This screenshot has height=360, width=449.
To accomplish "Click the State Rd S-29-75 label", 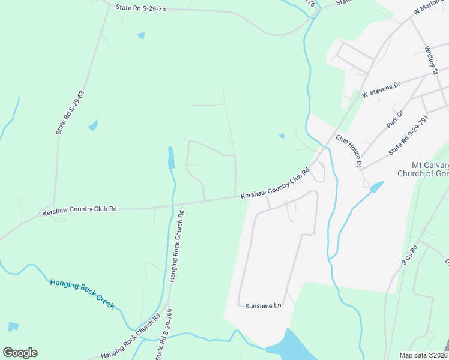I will coord(140,8).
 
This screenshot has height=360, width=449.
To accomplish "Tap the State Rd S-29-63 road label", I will coord(70,112).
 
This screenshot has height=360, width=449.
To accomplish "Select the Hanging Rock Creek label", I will coord(82,293).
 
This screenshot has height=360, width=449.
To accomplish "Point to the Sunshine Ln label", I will coord(263,305).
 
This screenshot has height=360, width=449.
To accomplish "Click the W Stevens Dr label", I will coord(381,91).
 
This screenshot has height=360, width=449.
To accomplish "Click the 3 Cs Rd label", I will coord(409,254).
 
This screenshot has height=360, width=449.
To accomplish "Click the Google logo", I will coord(20,353).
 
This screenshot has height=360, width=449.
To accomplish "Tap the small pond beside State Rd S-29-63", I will coord(93,125).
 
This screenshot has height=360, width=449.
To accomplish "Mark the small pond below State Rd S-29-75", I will coord(141,35).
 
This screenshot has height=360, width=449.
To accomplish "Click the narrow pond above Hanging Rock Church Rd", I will coord(171,157).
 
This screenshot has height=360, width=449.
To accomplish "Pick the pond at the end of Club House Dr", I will coord(376,187).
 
